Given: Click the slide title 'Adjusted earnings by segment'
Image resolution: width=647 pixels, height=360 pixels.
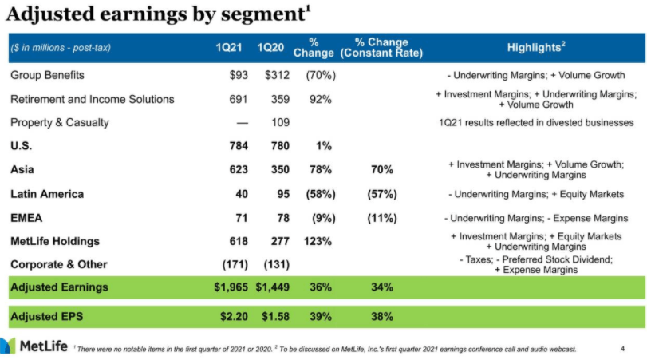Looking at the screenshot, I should (152, 15).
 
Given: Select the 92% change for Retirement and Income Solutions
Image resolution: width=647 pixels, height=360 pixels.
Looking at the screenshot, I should (320, 100).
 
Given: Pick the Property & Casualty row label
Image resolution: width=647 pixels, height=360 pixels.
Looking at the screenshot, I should (60, 123).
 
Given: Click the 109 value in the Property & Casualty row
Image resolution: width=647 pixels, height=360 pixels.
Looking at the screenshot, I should (281, 123).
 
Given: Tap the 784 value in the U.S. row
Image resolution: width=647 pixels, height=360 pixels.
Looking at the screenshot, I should (239, 146).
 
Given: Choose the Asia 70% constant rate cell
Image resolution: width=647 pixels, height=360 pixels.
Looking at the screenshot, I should (382, 170).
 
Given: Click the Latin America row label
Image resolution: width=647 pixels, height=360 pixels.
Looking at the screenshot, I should (47, 194).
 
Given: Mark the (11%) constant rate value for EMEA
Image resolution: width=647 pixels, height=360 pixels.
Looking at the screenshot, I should (381, 218).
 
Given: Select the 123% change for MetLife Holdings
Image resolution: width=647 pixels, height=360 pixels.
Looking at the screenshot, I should (320, 241).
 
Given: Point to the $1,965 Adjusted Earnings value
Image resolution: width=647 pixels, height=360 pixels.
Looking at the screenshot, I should (231, 287).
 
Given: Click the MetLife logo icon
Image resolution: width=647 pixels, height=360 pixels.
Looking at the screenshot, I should (9, 346).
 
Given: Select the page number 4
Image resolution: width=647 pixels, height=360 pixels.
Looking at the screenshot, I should (623, 348).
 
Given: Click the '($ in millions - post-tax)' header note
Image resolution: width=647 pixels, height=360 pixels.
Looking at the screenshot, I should (61, 48).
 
